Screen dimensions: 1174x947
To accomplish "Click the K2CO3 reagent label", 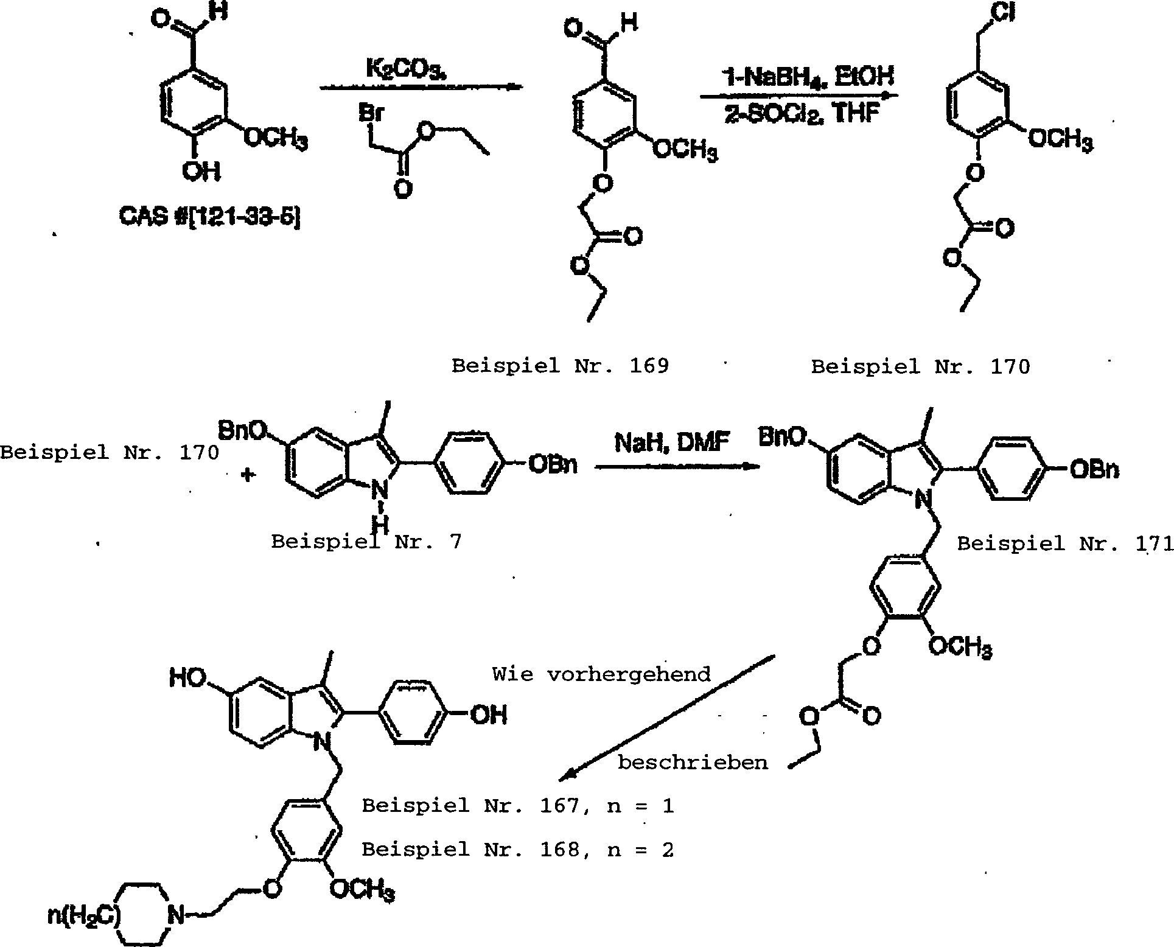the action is click(x=406, y=69).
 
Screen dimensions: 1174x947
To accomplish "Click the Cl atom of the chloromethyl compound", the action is click(x=1002, y=14).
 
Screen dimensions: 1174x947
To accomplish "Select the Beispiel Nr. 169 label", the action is click(x=560, y=366).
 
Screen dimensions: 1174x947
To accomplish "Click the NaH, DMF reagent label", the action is click(x=672, y=442).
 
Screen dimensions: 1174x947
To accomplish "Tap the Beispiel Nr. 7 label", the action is click(x=366, y=541).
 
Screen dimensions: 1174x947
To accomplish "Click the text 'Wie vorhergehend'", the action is click(x=601, y=674).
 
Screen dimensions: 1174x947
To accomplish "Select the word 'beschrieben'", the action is click(x=693, y=763).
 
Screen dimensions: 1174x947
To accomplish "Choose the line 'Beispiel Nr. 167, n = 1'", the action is click(x=518, y=806).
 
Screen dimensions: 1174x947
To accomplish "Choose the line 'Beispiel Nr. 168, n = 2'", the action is click(x=518, y=850).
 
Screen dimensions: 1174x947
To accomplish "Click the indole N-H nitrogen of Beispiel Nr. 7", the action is click(x=380, y=491).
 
